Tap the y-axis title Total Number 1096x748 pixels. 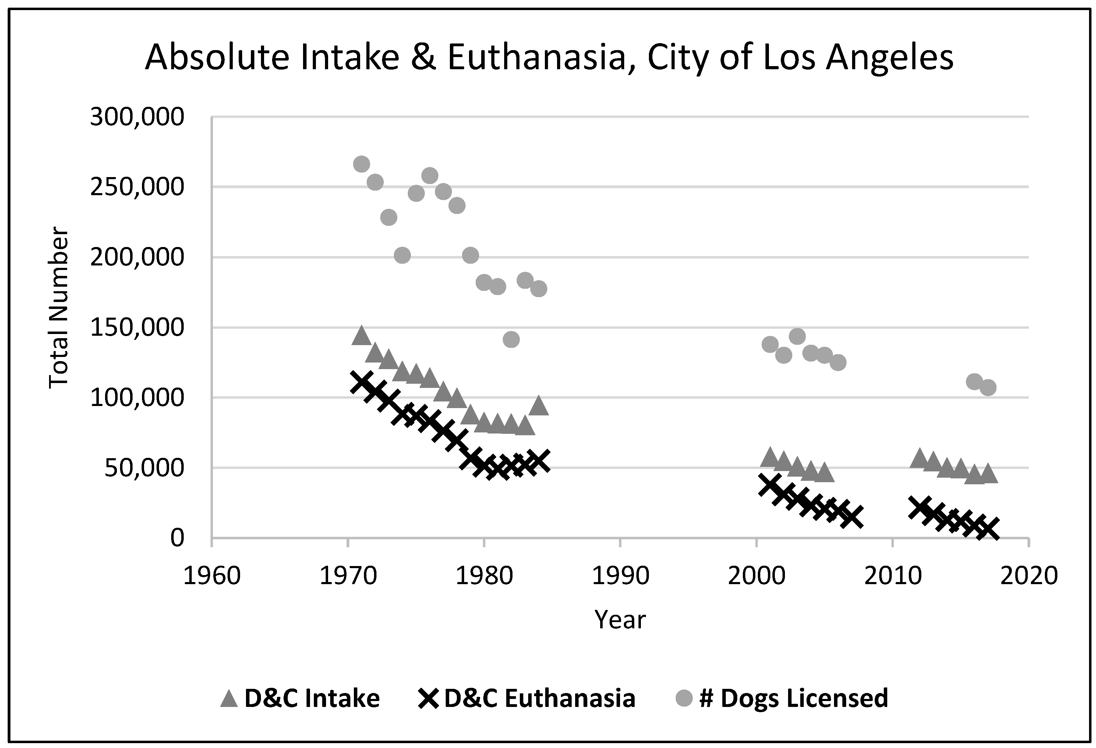click(59, 309)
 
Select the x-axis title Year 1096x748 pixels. click(620, 620)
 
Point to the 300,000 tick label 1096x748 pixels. click(137, 117)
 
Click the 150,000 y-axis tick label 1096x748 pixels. click(137, 327)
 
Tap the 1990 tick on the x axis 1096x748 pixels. click(620, 576)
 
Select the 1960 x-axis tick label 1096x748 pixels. click(212, 576)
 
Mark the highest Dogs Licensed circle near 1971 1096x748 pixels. click(361, 164)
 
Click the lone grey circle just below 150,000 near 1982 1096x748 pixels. click(511, 339)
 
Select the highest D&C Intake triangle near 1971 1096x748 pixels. click(361, 336)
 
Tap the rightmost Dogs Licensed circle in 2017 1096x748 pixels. click(988, 388)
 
